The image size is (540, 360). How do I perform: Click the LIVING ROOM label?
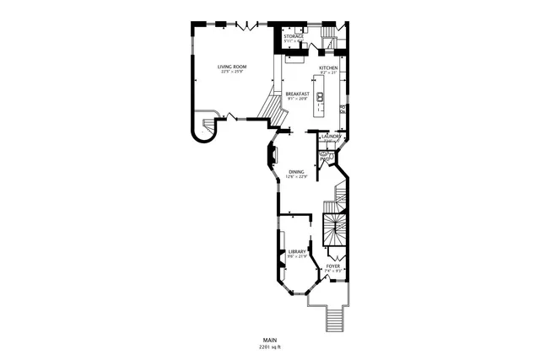pos(231,66)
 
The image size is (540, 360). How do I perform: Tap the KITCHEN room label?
pos(328,67)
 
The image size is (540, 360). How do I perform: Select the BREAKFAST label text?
pos(297,94)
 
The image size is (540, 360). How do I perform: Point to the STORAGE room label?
pos(293,37)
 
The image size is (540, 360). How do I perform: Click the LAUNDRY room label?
pos(330,136)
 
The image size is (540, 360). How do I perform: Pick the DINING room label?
pos(295,171)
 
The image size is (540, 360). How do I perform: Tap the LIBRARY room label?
pos(297,251)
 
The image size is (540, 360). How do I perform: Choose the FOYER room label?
pos(333,266)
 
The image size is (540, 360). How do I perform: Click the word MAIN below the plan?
pos(270,339)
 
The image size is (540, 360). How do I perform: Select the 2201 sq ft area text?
pos(270,347)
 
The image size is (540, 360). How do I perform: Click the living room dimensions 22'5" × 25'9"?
pos(231,72)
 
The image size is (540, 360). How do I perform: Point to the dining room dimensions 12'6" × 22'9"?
pos(295,176)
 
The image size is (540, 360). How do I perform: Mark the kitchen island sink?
pos(321,96)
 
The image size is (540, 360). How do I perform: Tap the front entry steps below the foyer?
pos(336,319)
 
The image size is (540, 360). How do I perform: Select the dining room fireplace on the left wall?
pos(273,155)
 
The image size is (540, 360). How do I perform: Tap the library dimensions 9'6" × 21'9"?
pos(297,256)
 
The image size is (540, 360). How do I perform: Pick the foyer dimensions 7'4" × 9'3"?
pos(333,271)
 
